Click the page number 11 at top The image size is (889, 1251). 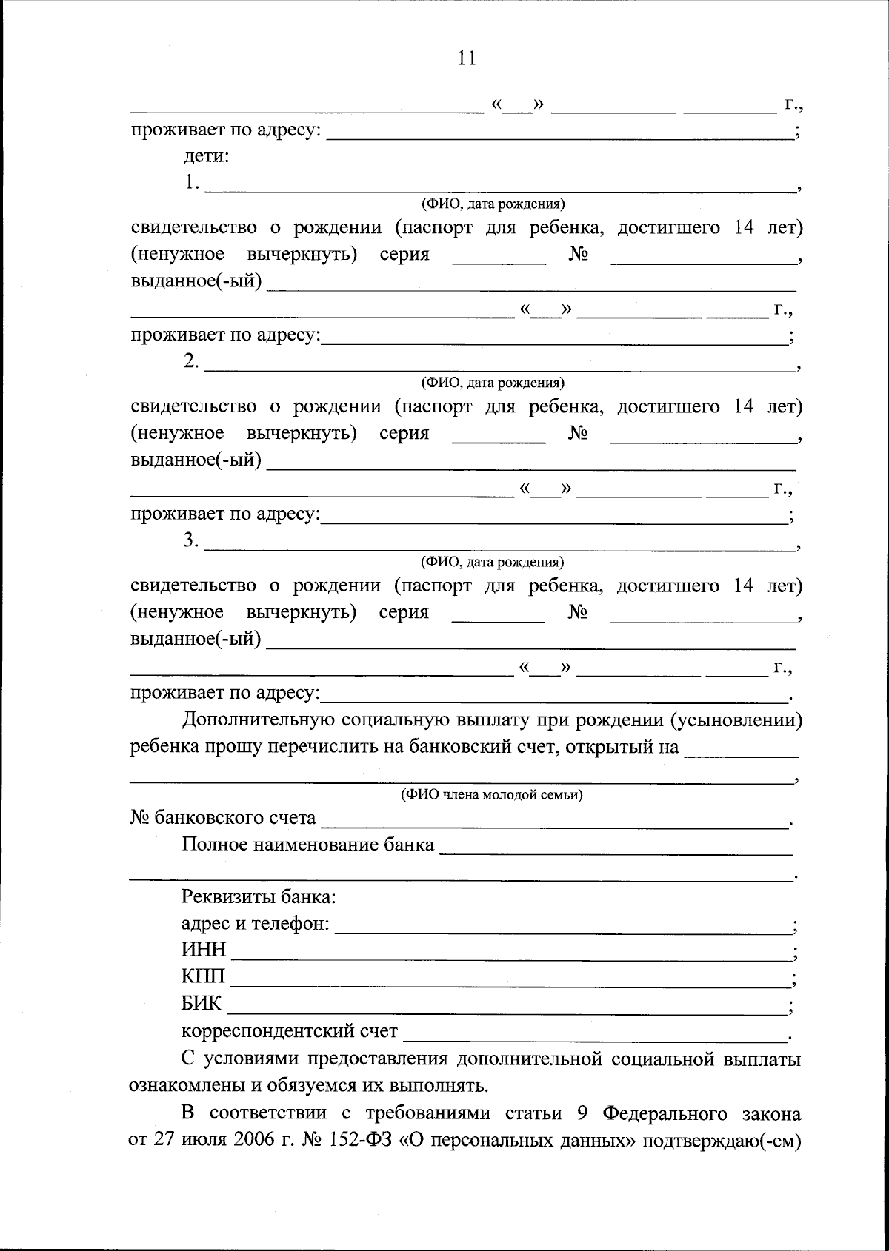point(467,58)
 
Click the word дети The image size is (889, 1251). point(206,157)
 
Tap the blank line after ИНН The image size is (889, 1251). point(511,952)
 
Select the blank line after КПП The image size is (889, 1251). point(511,979)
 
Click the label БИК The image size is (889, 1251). point(201,1004)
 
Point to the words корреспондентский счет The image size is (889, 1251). point(290,1031)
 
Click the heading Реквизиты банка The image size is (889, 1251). point(259,897)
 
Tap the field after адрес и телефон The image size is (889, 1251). point(563,925)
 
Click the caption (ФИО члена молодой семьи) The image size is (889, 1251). point(492,795)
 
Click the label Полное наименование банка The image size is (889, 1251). point(307,845)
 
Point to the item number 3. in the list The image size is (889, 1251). point(192,541)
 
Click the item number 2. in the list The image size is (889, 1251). point(192,361)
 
